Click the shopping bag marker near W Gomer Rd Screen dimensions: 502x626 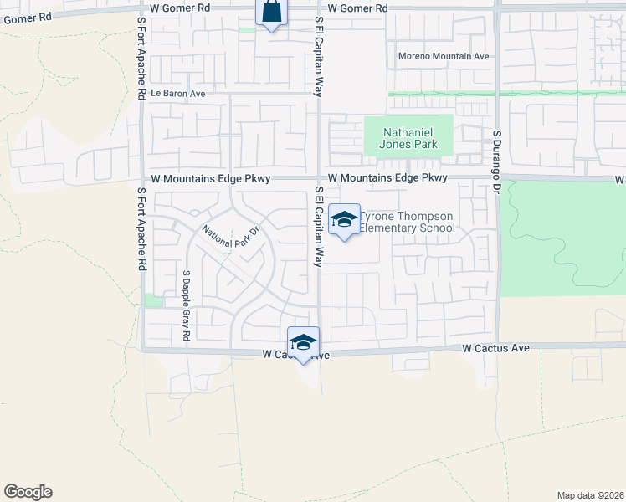click(x=271, y=13)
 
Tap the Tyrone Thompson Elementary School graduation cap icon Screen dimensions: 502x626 click(x=344, y=220)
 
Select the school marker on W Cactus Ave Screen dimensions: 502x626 click(x=303, y=341)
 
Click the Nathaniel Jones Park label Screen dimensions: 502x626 click(x=409, y=138)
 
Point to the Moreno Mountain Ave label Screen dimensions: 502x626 click(x=444, y=57)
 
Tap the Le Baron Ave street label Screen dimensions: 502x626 click(x=177, y=94)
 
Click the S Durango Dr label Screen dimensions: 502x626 click(x=496, y=161)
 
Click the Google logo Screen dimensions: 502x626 click(x=28, y=492)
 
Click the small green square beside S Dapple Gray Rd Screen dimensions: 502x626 click(x=151, y=300)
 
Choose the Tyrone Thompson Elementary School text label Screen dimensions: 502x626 click(x=407, y=222)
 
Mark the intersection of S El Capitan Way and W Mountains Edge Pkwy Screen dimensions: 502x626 click(x=319, y=177)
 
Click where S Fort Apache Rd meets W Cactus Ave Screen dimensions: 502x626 click(x=142, y=349)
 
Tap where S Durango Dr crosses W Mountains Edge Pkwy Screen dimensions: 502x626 click(x=498, y=177)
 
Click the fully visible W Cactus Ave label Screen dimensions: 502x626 click(x=496, y=347)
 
